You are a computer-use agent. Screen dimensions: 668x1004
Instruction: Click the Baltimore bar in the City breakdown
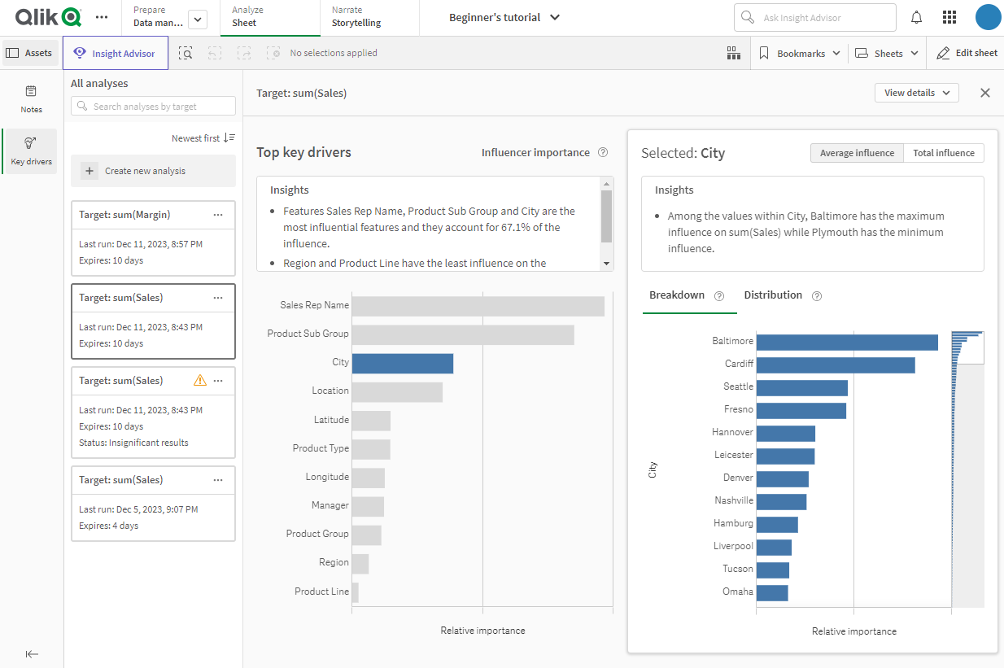(847, 343)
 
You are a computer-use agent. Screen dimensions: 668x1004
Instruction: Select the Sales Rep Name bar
(478, 306)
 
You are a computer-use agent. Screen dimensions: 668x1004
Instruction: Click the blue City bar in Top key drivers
(402, 363)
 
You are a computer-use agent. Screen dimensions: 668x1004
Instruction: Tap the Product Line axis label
(321, 592)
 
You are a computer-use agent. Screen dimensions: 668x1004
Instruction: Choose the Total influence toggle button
(943, 153)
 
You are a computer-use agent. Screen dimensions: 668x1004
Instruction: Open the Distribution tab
(773, 295)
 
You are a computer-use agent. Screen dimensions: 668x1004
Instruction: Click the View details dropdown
(916, 93)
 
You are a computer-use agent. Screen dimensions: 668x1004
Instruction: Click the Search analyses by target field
(154, 107)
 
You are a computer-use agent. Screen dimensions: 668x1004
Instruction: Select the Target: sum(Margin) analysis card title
(124, 215)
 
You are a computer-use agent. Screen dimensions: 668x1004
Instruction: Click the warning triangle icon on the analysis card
(200, 380)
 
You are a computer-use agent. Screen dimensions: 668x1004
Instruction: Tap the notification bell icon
(916, 17)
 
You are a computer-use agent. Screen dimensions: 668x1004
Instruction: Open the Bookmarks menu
(800, 54)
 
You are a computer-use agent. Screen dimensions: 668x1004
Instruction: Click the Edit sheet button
(967, 54)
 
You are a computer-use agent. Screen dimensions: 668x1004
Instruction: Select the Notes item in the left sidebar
(32, 98)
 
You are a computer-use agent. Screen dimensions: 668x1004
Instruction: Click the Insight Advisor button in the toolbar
(116, 54)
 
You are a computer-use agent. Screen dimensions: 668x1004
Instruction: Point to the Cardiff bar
(836, 365)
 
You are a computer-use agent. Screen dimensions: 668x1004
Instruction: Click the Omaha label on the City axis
(737, 592)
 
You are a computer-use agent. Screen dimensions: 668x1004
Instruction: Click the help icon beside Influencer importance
(603, 153)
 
